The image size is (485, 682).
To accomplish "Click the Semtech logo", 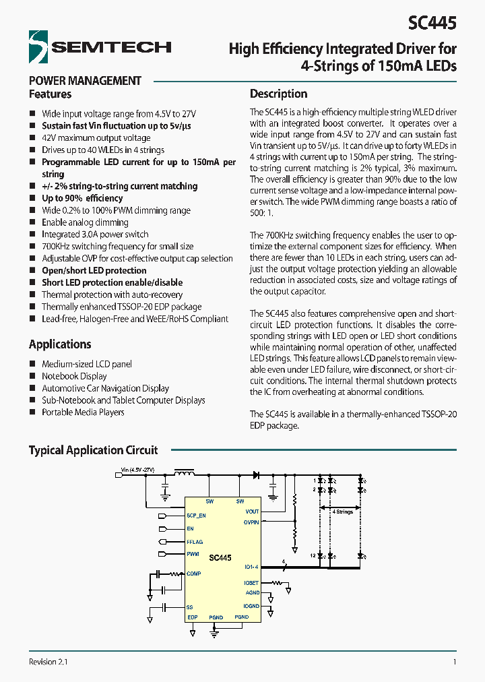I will [100, 46].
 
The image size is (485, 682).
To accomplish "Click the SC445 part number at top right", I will [432, 23].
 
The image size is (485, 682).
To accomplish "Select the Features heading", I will [50, 94].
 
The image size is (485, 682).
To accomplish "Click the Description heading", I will [278, 94].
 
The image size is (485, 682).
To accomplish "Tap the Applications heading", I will [60, 344].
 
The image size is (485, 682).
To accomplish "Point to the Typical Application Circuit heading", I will [93, 450].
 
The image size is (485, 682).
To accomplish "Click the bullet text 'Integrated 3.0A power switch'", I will [95, 235].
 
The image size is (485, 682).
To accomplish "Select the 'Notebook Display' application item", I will [74, 376].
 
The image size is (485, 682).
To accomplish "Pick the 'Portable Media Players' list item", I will [83, 412].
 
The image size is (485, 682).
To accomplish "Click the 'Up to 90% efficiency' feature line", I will [82, 198].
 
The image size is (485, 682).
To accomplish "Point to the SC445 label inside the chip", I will [220, 558].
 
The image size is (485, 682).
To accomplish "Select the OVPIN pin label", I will [251, 522].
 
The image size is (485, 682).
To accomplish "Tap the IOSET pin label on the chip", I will [251, 582].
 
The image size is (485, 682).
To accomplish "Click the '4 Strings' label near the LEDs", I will [343, 512].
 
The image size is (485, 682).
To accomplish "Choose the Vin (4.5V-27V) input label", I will [137, 469].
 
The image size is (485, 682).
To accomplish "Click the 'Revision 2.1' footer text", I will [48, 662].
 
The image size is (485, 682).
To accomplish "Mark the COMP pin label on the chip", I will [193, 573].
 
